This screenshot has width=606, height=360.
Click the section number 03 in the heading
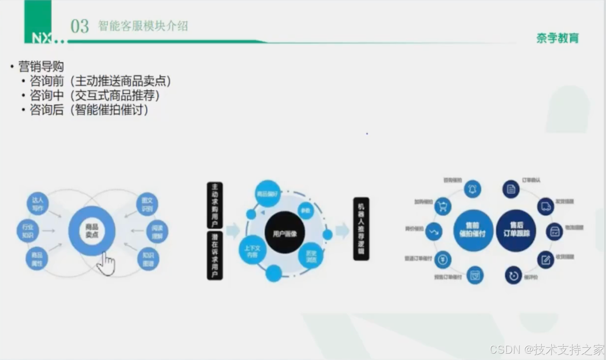(x=80, y=27)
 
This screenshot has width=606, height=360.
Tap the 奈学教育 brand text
(x=557, y=38)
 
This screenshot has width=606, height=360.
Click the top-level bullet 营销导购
(x=41, y=66)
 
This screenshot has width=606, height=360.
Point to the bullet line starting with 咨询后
(x=89, y=110)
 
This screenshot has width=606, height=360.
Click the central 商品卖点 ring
(x=92, y=231)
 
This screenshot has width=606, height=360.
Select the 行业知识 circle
(x=28, y=231)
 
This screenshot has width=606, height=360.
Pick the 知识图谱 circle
(x=148, y=260)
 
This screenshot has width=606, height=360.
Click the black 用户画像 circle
(x=284, y=233)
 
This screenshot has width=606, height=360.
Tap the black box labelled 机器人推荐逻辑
(x=361, y=229)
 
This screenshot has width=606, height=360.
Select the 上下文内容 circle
(x=252, y=250)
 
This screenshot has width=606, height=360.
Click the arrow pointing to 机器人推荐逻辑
(x=342, y=231)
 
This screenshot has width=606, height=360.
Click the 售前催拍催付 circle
(x=472, y=230)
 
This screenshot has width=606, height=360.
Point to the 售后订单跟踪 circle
(x=516, y=230)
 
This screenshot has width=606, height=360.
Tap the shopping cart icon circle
(x=443, y=207)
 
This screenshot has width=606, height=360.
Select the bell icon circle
(x=472, y=189)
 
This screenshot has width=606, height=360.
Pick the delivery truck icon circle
(x=546, y=206)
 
